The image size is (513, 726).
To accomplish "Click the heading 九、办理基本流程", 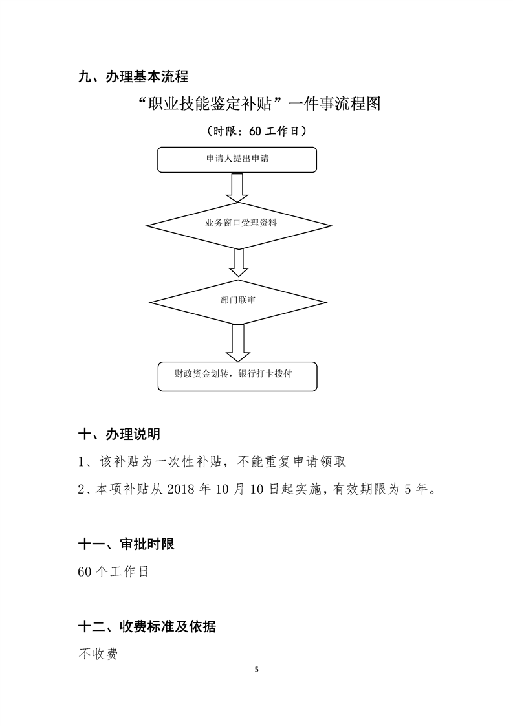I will [133, 77].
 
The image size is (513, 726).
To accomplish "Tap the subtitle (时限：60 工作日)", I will [256, 131].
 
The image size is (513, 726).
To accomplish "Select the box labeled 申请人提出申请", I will [237, 159].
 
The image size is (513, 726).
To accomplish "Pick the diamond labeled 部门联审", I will [238, 301].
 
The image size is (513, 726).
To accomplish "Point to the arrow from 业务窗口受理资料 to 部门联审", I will [238, 263].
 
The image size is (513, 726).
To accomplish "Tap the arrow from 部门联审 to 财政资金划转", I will [237, 342].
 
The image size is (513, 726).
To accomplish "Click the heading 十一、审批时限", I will [126, 544].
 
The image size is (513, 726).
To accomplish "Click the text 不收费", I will [98, 655].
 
